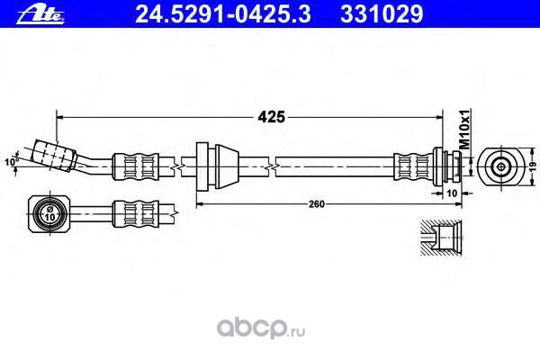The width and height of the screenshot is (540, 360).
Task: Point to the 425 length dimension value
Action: pos(273,116)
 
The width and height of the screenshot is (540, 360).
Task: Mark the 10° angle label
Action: pos(11,162)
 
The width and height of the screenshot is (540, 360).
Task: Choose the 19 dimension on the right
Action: pos(531,166)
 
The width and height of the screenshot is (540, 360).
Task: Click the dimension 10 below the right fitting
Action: pos(453,193)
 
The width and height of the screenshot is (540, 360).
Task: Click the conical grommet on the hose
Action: pos(216,165)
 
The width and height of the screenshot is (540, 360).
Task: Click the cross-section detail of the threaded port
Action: pos(444,240)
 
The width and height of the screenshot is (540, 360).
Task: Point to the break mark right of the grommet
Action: pos(271,166)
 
